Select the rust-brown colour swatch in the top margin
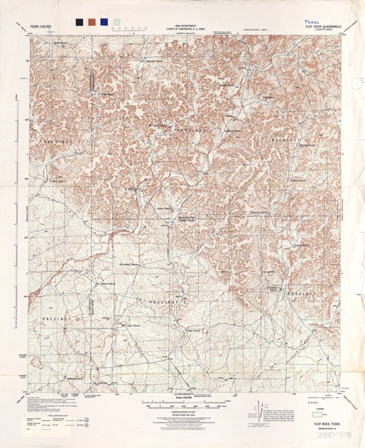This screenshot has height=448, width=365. (x=92, y=22)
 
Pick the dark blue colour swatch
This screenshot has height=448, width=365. (x=104, y=22)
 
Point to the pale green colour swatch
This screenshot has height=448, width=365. (x=116, y=22)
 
